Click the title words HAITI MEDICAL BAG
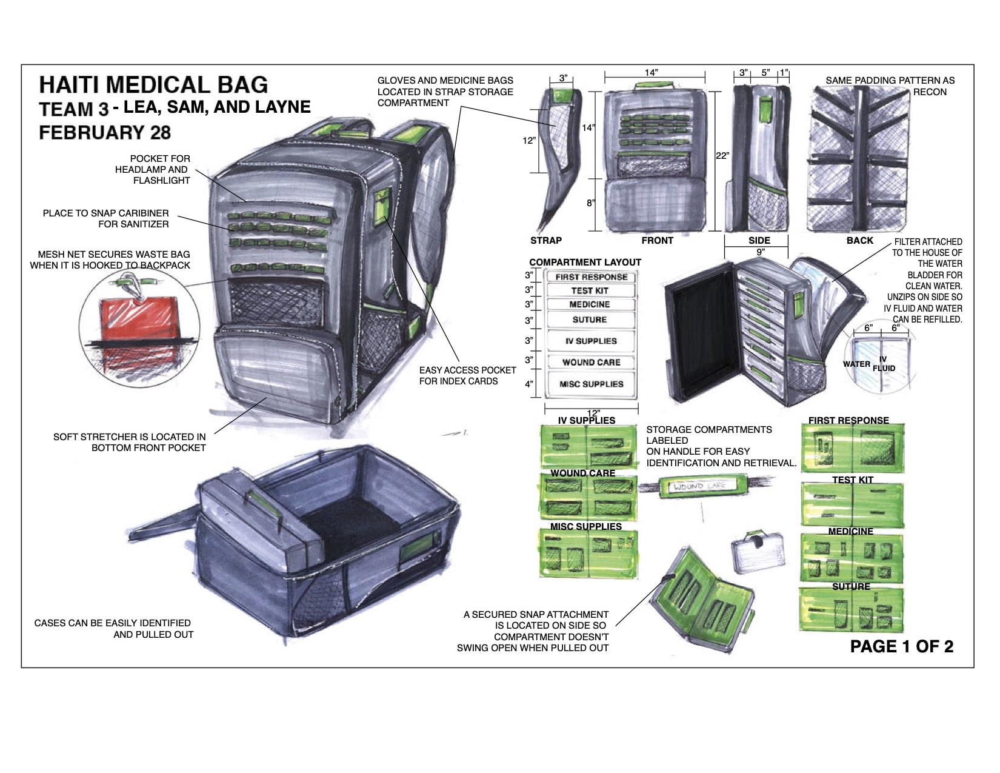pos(153,85)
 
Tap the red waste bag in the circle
pos(138,324)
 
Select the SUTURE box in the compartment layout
pos(590,320)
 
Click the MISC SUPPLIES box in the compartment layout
pos(591,384)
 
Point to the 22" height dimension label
pos(722,156)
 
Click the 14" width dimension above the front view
pos(651,73)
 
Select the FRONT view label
pos(657,241)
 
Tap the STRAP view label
pos(545,241)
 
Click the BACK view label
pos(859,241)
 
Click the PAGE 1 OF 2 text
pos(901,646)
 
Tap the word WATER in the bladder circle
pos(856,364)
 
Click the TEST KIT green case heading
pos(852,480)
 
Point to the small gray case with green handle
pos(758,552)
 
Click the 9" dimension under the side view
pos(760,252)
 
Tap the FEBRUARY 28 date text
pos(105,133)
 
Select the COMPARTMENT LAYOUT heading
pos(585,263)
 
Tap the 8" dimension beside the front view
pos(590,203)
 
